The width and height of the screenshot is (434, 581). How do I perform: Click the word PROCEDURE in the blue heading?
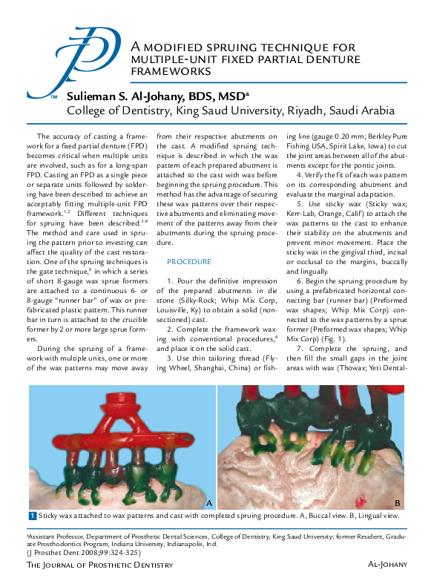point(189,262)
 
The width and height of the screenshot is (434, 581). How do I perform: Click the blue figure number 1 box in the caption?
point(33,516)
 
